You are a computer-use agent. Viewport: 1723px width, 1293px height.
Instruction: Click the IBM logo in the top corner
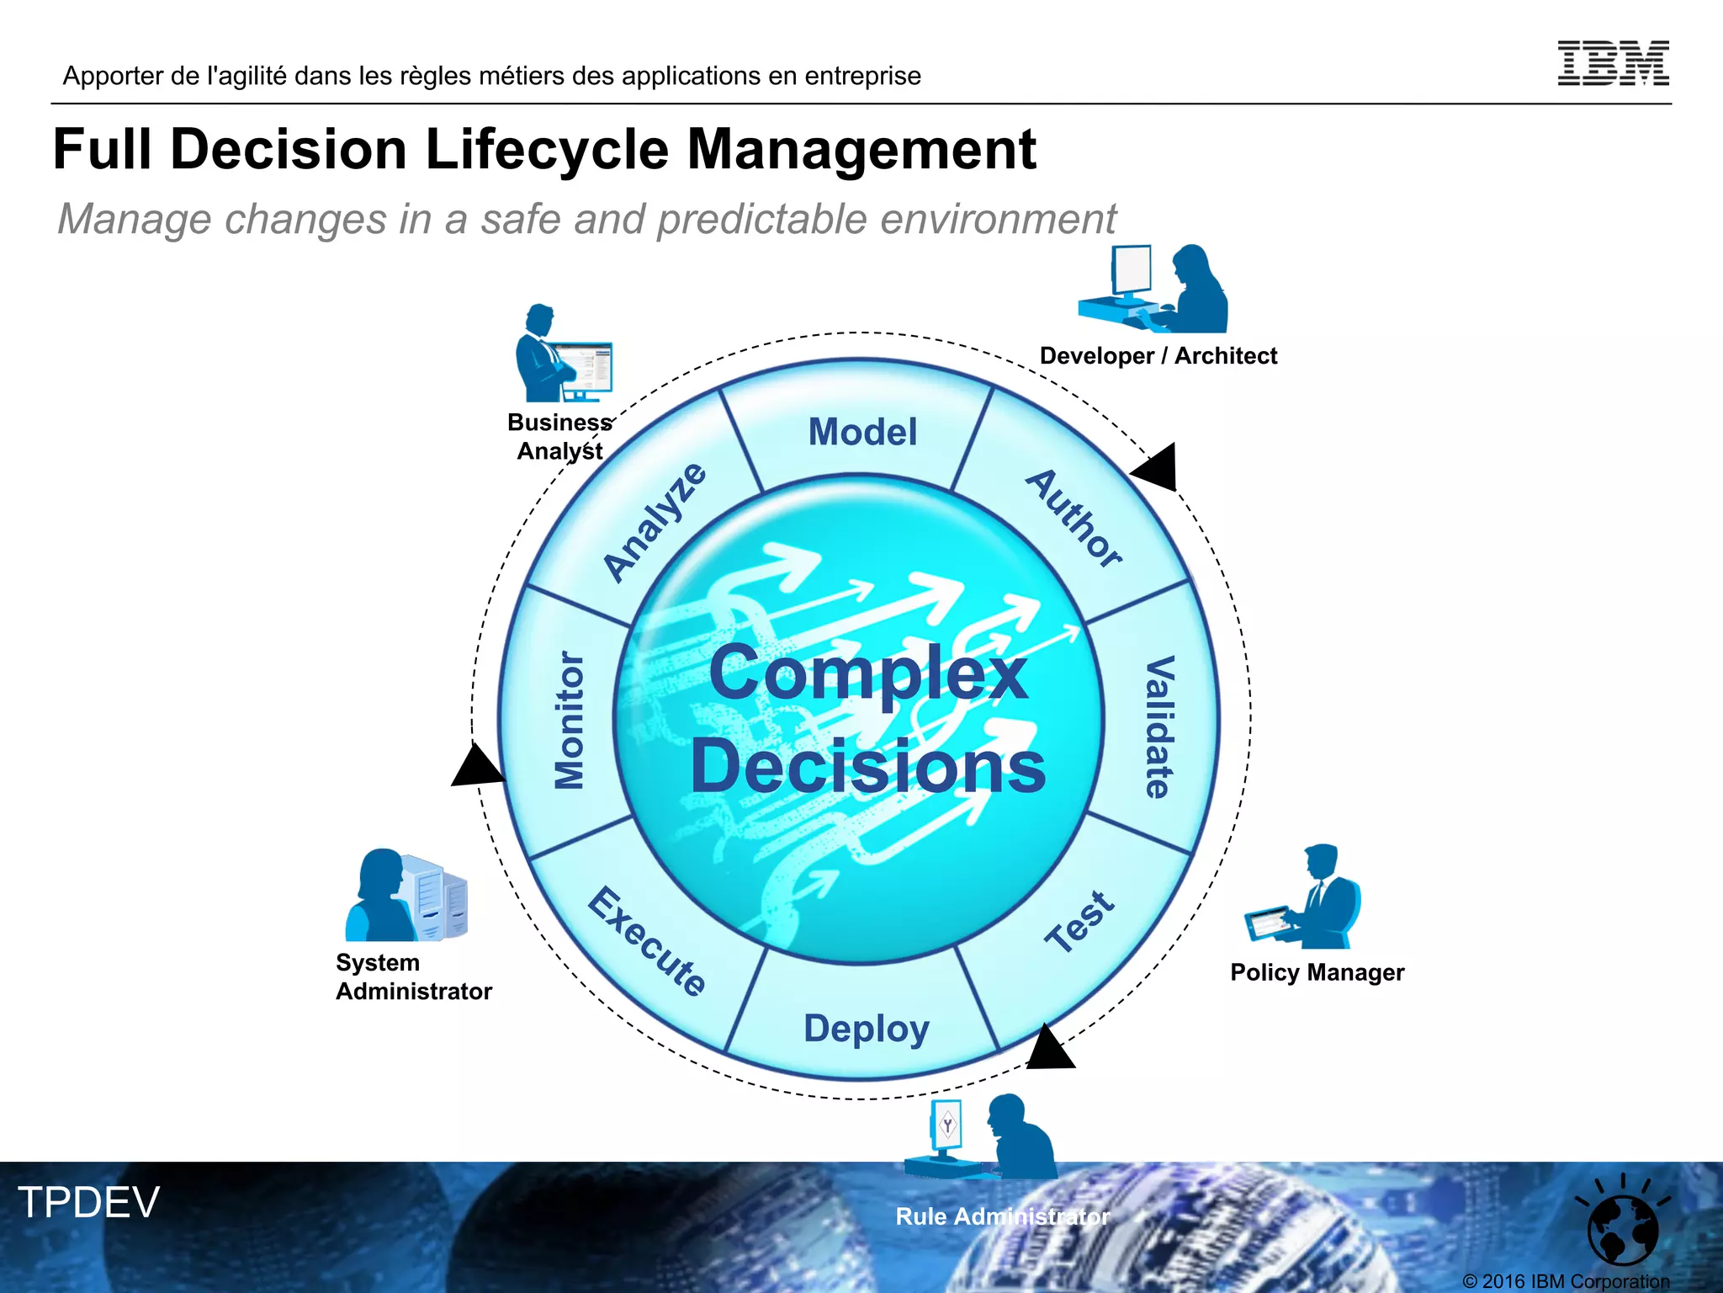pyautogui.click(x=1613, y=63)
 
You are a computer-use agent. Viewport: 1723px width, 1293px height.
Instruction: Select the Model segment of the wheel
pyautogui.click(x=862, y=432)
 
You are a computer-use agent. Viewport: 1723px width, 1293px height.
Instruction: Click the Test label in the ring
pyautogui.click(x=1080, y=922)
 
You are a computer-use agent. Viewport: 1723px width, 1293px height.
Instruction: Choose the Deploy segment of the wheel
pyautogui.click(x=866, y=1029)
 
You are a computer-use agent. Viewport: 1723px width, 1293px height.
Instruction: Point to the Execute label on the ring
pyautogui.click(x=647, y=941)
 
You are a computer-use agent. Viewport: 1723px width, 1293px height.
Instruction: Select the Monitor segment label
pyautogui.click(x=570, y=721)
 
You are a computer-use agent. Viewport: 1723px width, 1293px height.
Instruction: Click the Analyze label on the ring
pyautogui.click(x=655, y=522)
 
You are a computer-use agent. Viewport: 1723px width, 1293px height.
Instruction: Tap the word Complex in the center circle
pyautogui.click(x=868, y=673)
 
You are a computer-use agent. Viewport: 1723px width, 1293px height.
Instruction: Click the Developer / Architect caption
pyautogui.click(x=1158, y=356)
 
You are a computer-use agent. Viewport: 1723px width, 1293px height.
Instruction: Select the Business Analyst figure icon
pyautogui.click(x=561, y=354)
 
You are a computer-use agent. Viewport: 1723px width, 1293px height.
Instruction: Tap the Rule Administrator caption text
pyautogui.click(x=1002, y=1216)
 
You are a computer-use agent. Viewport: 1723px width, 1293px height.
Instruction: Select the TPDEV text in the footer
pyautogui.click(x=89, y=1202)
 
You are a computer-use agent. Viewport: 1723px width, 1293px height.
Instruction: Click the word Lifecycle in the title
pyautogui.click(x=548, y=150)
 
